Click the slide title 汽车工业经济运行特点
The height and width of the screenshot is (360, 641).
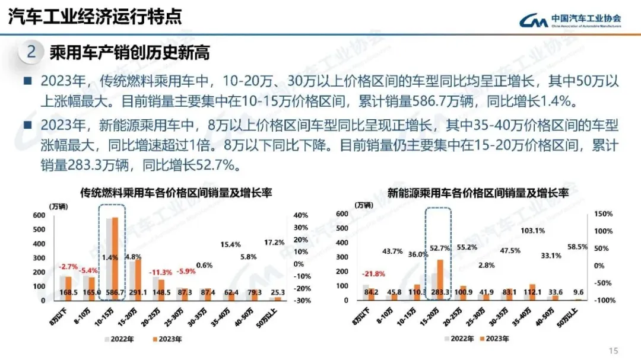click(95, 16)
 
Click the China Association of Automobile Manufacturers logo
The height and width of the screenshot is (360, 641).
click(570, 20)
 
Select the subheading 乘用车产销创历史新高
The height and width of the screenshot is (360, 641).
click(129, 53)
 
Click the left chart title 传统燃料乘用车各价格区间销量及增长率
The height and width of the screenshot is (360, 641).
click(176, 193)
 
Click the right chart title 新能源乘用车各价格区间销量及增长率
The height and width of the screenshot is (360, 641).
click(478, 193)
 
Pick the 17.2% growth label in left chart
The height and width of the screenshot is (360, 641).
click(274, 242)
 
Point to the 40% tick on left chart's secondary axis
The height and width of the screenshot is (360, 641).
click(300, 215)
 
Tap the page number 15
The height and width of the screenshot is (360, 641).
click(614, 349)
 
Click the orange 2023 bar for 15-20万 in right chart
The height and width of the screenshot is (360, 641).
click(440, 279)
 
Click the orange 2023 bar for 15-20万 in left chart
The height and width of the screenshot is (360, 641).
click(138, 279)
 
